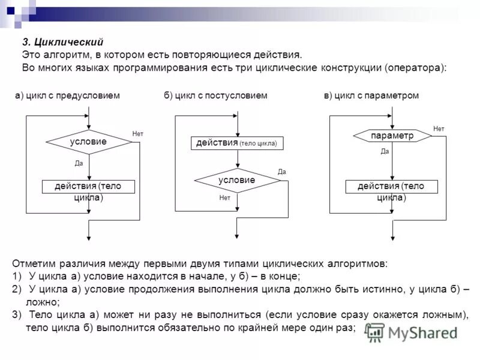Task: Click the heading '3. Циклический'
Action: pos(63,42)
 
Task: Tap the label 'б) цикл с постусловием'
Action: pos(215,96)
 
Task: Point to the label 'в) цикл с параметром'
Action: pos(371,96)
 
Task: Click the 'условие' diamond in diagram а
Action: pos(89,142)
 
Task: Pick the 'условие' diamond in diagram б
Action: pos(237,180)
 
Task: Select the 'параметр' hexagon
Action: pos(392,136)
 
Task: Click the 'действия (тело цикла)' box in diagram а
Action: pos(89,187)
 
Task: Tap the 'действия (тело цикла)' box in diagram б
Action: pos(238,143)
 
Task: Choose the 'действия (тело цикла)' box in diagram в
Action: pos(392,187)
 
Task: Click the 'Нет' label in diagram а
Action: pos(137,133)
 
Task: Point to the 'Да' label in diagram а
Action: pos(79,163)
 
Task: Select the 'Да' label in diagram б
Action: pos(282,172)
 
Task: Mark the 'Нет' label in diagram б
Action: pos(225,197)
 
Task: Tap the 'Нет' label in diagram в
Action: pos(439,128)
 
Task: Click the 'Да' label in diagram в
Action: pos(385,152)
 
